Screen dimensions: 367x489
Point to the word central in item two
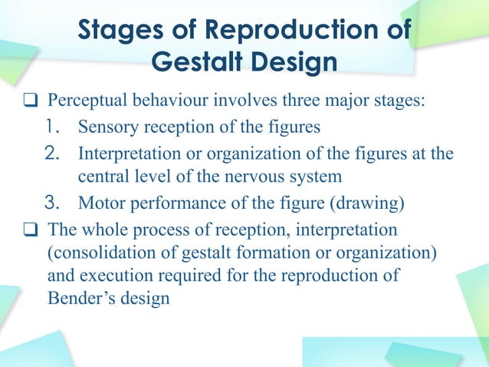(102, 177)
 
